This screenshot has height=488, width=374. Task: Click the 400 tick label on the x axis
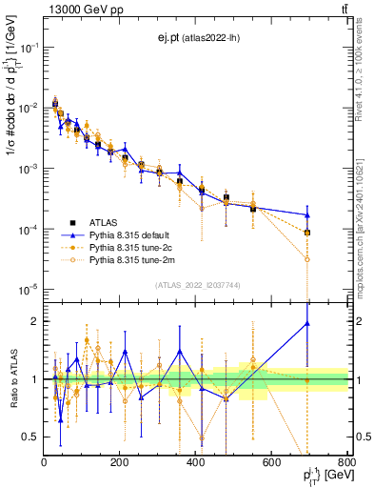point(196,463)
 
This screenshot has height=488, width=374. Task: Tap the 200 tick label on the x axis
point(120,463)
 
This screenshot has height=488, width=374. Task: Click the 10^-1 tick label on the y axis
point(26,47)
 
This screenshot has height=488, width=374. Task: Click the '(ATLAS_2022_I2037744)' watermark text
point(196,285)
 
